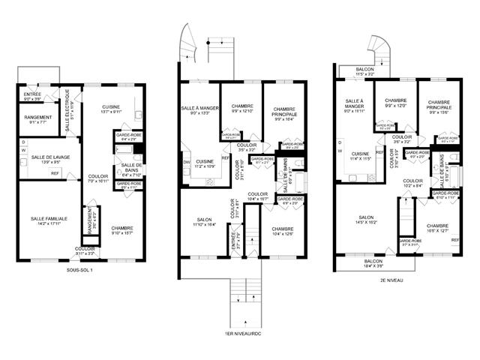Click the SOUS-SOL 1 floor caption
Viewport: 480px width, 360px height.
tap(79, 269)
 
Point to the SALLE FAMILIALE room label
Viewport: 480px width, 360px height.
tap(49, 220)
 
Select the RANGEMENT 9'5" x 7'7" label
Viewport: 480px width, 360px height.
tap(37, 119)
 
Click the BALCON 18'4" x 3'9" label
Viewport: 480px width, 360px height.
tap(373, 264)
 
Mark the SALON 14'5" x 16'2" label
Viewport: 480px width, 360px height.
tap(360, 220)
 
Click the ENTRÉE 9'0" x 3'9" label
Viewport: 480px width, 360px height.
tap(32, 97)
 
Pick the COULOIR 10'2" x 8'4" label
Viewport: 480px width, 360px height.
tap(413, 184)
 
